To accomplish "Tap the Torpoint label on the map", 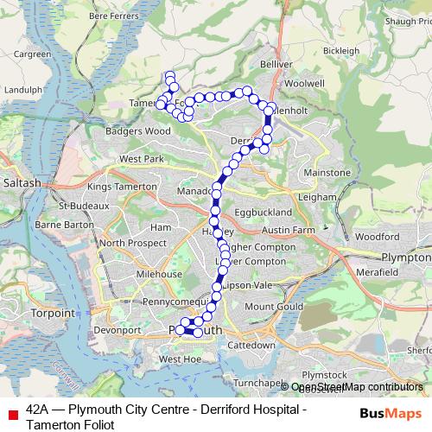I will click(54, 313).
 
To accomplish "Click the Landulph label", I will click(23, 88).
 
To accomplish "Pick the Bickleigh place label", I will click(340, 51).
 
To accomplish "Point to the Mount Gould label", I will click(274, 307).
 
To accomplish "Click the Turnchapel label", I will click(259, 382).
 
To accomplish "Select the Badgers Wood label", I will click(137, 131).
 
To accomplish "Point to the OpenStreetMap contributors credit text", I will click(357, 387).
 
